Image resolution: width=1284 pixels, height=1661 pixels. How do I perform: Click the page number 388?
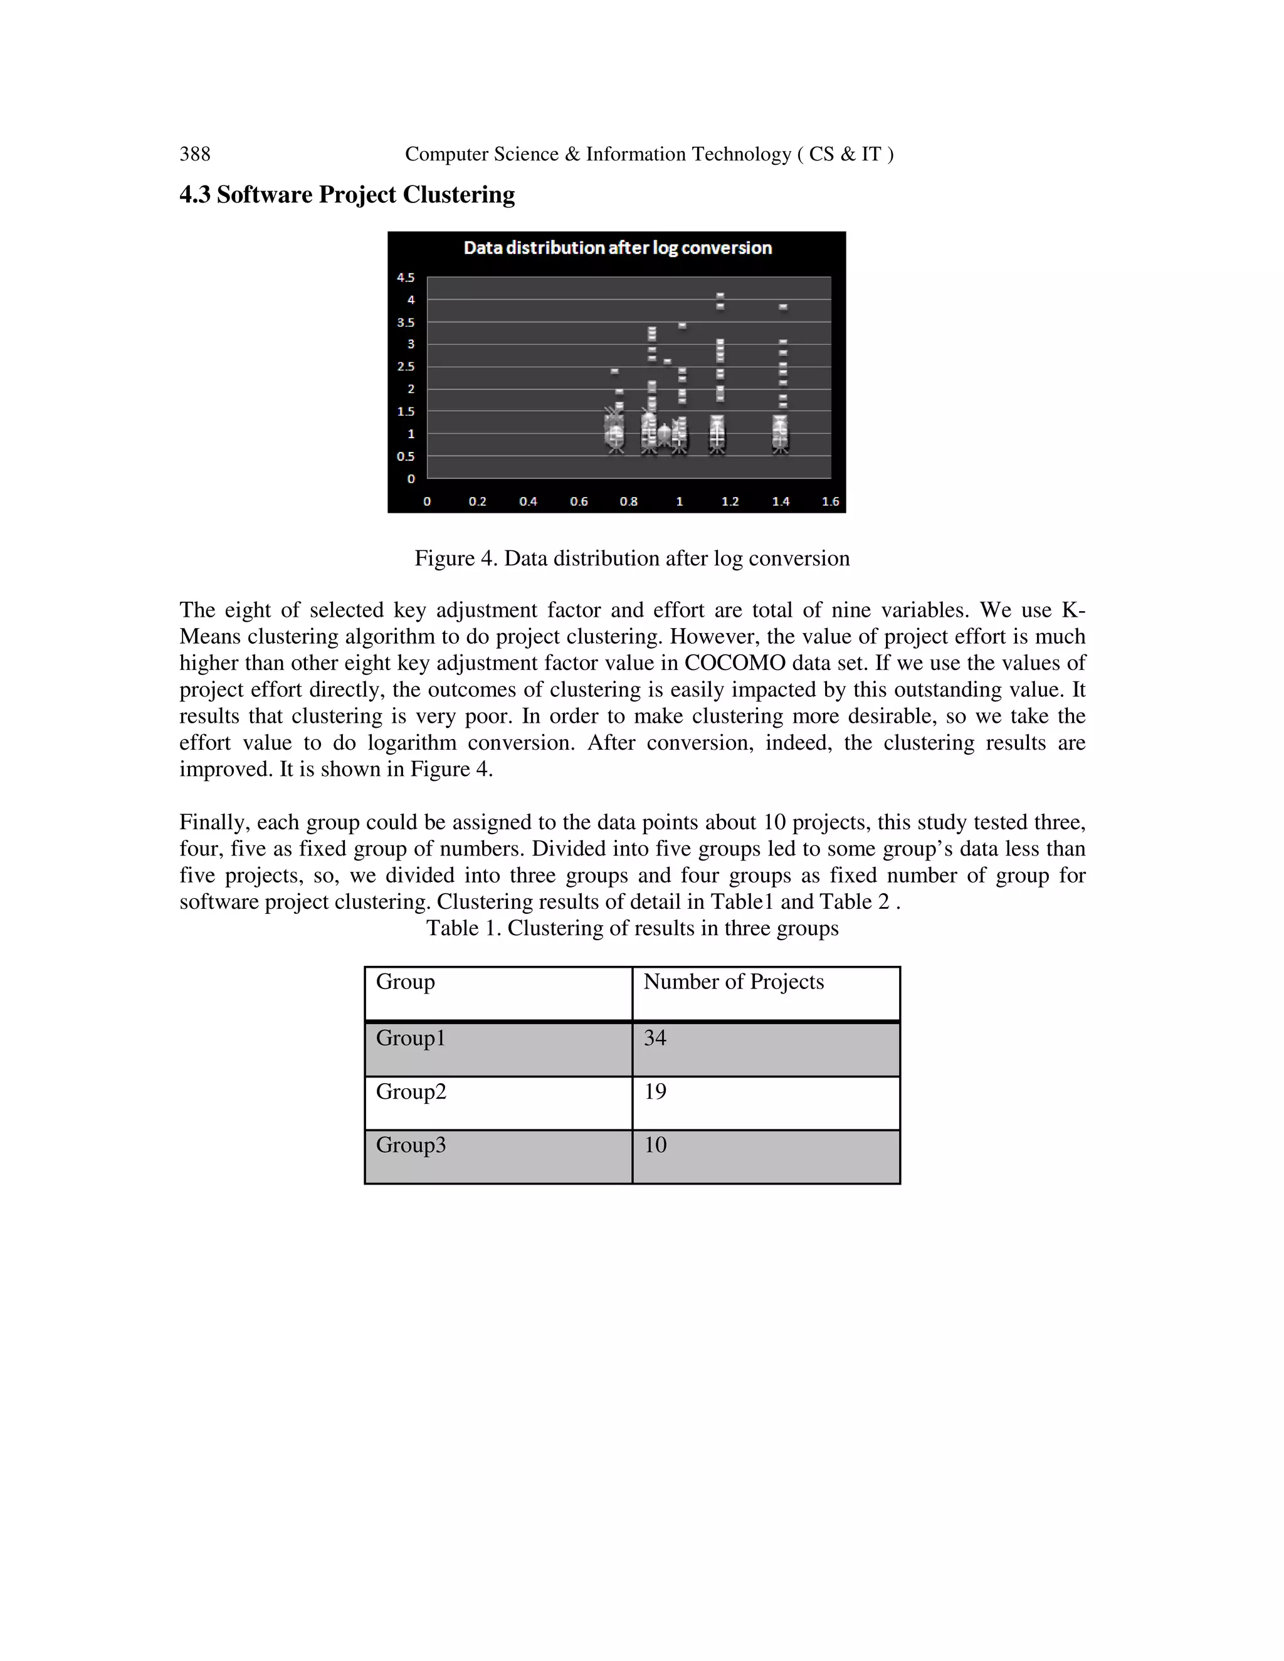(195, 154)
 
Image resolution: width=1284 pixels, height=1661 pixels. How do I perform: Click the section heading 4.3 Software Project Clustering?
(347, 195)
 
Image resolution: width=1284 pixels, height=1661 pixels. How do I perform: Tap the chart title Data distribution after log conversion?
(617, 248)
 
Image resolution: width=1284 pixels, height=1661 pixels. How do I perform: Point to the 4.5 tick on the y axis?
(406, 278)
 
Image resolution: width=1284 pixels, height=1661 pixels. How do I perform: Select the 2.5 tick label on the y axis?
(406, 367)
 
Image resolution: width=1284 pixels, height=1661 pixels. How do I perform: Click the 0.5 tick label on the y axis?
(406, 456)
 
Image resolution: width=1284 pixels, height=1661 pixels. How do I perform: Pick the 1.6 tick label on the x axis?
(830, 501)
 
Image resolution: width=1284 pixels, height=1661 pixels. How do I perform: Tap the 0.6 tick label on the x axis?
(578, 501)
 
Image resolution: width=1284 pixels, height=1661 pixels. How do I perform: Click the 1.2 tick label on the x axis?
(730, 501)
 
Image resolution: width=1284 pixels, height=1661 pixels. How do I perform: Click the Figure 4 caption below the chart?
(631, 558)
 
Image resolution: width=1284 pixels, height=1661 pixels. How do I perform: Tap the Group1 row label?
(410, 1038)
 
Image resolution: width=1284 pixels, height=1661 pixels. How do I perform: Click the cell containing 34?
(655, 1038)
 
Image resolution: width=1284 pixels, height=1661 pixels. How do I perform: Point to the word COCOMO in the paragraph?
(734, 663)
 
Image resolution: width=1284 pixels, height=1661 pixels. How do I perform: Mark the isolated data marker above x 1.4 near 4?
(782, 307)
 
